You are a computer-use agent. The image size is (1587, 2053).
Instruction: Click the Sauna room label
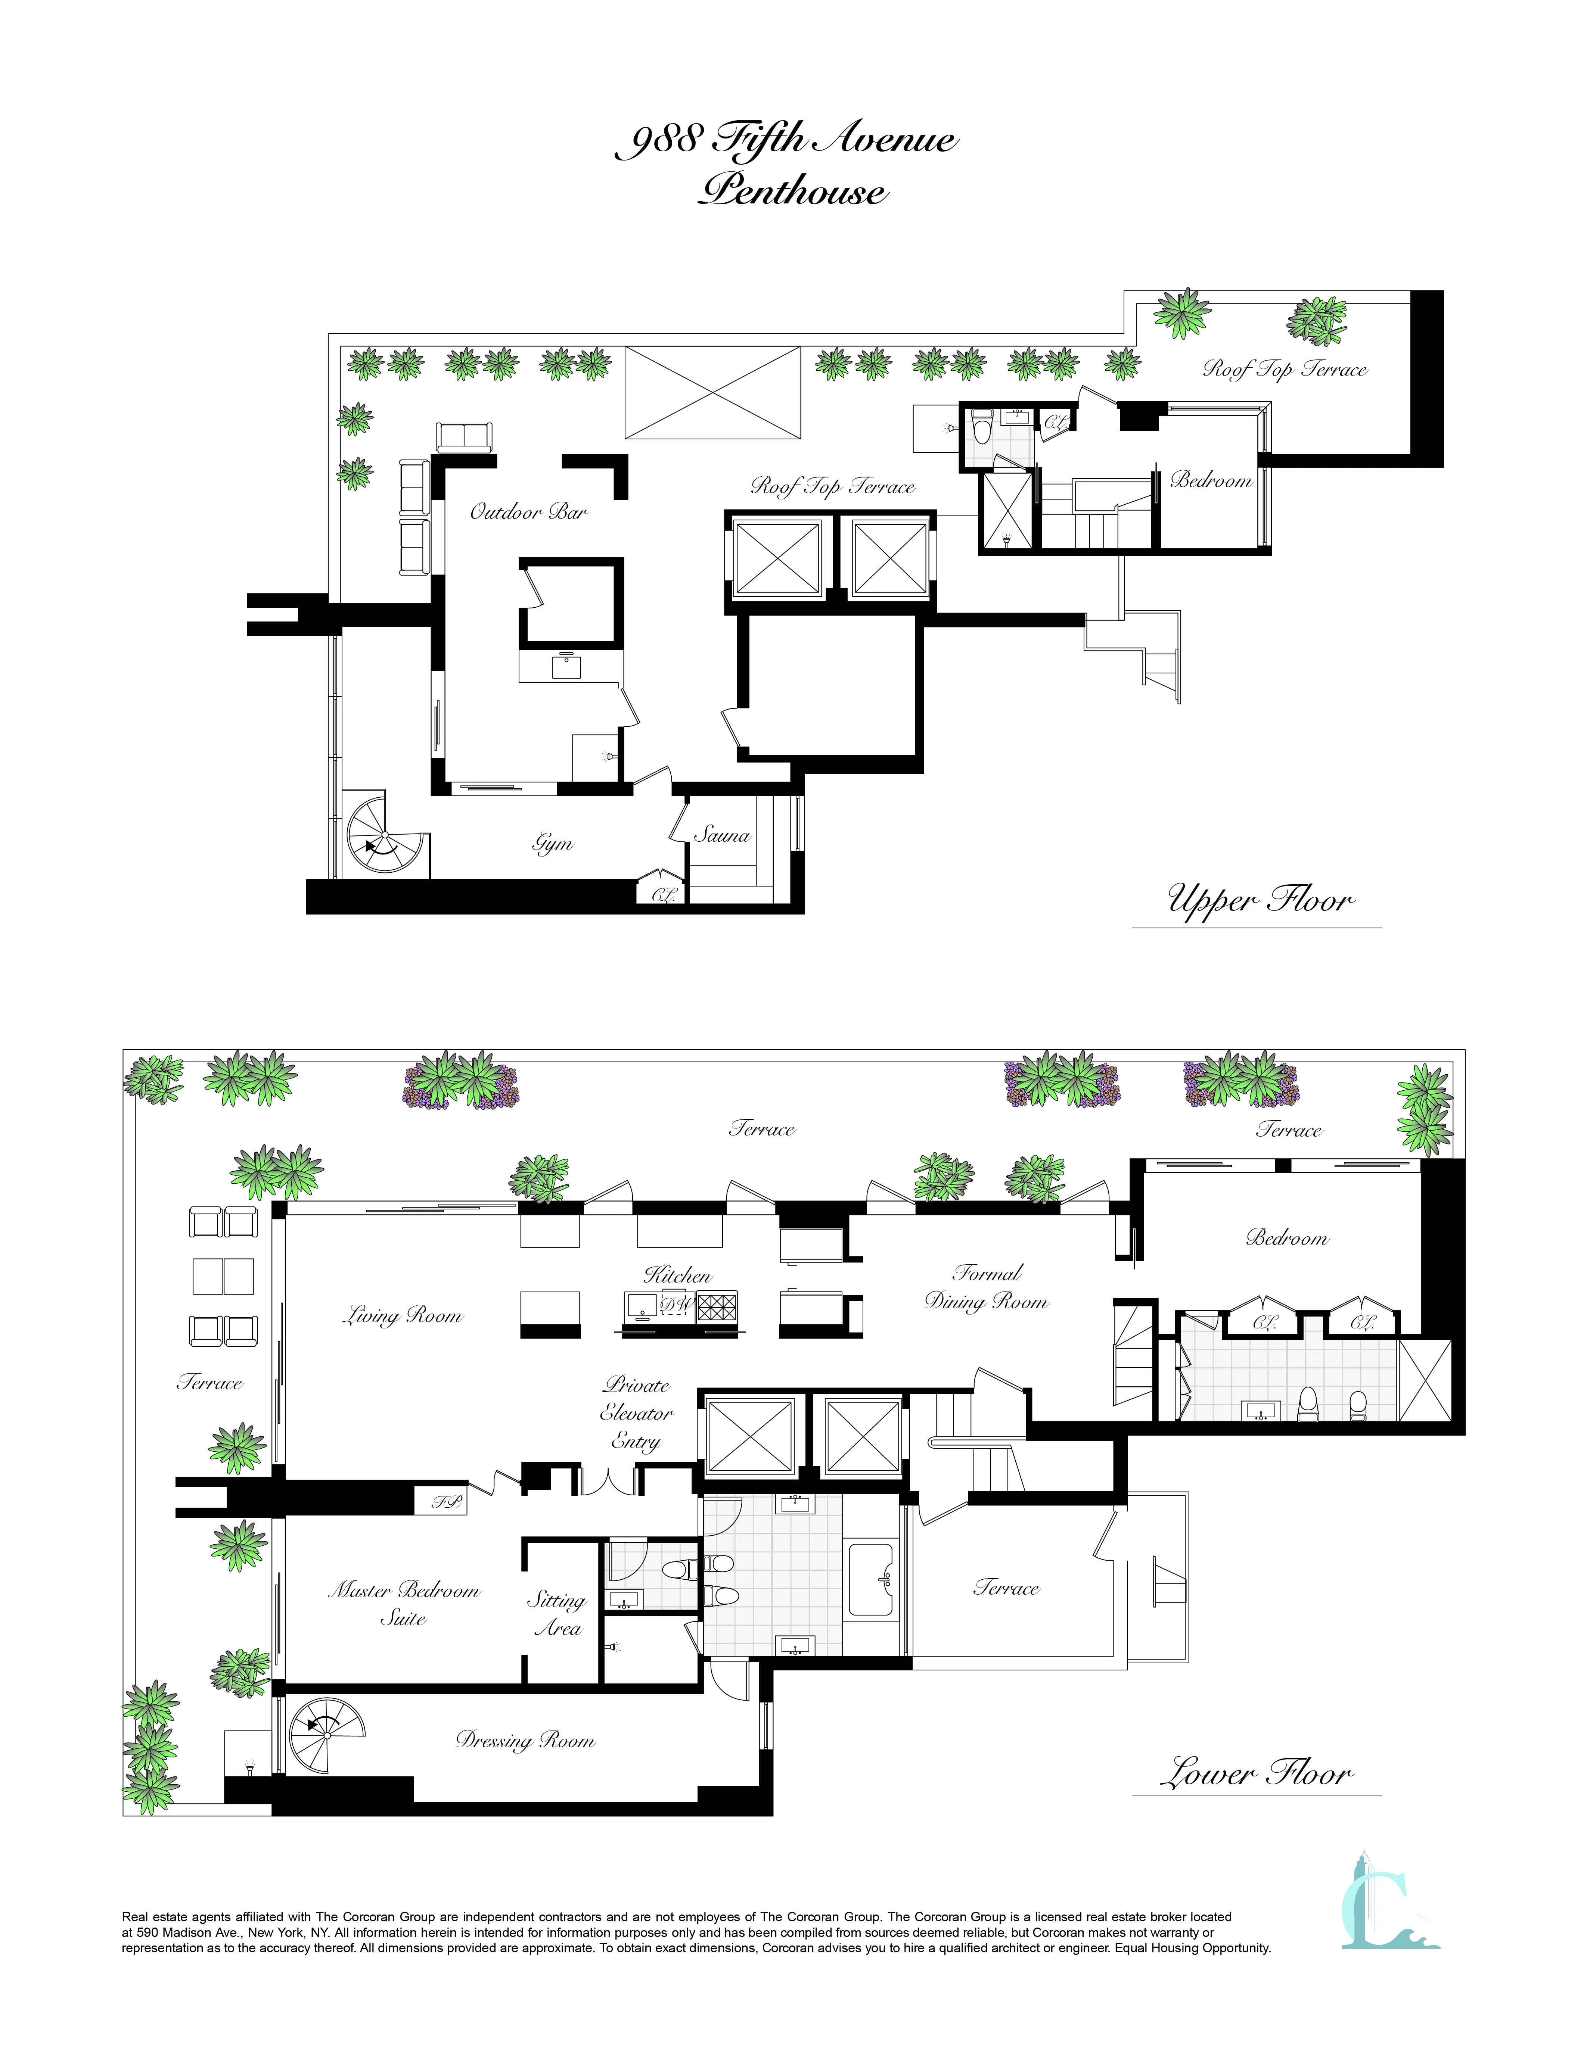coord(722,835)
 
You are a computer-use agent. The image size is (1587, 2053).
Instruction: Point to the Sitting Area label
coord(557,1614)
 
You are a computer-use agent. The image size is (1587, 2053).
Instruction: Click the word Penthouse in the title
coord(792,192)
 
